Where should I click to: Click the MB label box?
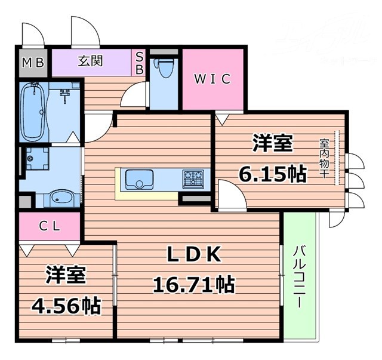[34, 63]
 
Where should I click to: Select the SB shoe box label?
[140, 63]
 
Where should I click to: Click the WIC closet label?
[212, 79]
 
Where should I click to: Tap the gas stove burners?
[192, 177]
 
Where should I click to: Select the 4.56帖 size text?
[66, 306]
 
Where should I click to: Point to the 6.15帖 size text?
[273, 174]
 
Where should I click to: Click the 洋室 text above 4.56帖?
[66, 276]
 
